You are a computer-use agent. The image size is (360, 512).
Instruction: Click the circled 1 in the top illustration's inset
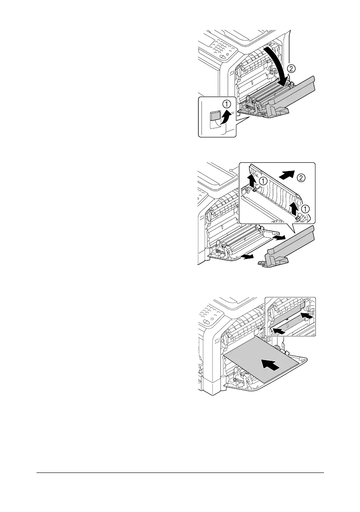click(226, 104)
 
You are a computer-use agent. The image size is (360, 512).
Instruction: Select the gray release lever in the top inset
click(213, 116)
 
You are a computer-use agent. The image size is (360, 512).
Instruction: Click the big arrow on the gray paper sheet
click(269, 366)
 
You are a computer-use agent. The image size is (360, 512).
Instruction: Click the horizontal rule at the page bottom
click(180, 473)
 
